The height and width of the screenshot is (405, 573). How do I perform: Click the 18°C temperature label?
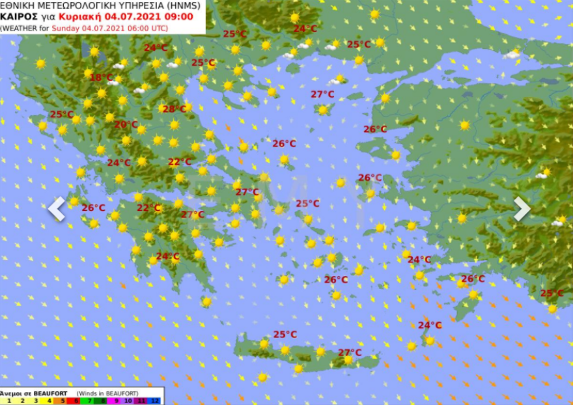point(101,77)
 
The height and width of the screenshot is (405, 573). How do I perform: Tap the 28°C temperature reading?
point(175,109)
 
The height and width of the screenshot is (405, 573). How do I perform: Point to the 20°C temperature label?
point(126,125)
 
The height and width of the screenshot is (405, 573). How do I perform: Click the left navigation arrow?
point(57,209)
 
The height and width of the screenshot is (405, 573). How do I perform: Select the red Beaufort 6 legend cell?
point(76,400)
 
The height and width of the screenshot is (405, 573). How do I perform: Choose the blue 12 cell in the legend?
point(154,400)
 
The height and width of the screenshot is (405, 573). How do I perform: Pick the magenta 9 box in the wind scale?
point(116,400)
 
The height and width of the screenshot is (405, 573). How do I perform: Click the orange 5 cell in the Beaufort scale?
point(63,400)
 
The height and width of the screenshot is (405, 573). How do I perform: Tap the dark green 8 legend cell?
point(102,400)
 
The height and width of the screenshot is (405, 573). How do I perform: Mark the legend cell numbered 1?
point(9,400)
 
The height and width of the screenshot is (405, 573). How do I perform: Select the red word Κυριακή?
point(78,17)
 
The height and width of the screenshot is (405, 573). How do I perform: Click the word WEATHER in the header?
point(20,29)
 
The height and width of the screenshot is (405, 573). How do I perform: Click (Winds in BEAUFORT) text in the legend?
point(107,393)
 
